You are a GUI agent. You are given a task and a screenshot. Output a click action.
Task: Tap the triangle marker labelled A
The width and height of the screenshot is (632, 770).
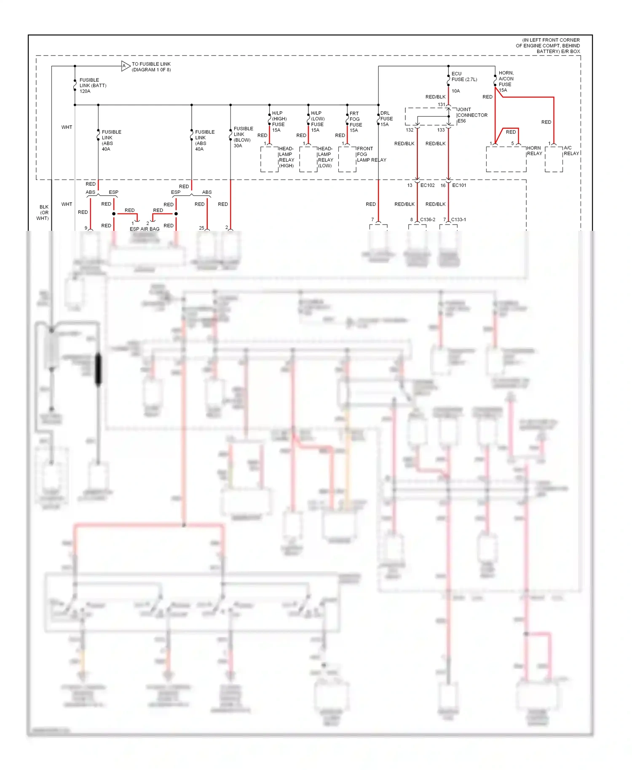125,66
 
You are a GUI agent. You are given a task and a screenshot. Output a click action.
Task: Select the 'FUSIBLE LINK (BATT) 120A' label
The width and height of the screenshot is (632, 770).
93,86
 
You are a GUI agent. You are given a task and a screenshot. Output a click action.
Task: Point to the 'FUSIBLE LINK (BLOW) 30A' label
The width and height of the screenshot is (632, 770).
243,137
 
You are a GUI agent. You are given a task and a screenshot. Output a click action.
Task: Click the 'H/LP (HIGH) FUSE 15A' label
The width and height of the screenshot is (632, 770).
279,122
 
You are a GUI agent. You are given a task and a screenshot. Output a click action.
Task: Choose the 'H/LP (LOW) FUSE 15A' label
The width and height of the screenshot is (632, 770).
318,122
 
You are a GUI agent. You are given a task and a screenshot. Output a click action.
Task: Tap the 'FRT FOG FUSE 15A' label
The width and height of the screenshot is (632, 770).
356,122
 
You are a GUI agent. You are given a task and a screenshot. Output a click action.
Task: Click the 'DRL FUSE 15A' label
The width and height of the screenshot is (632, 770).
386,119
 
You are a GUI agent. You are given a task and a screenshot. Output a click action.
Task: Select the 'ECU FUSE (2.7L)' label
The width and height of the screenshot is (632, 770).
464,77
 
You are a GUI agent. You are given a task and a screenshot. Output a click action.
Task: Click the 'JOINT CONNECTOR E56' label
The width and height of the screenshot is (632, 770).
472,115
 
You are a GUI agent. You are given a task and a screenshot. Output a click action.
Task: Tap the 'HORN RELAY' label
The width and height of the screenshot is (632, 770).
534,151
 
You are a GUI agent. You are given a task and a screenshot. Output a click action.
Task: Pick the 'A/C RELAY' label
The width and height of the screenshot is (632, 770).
571,151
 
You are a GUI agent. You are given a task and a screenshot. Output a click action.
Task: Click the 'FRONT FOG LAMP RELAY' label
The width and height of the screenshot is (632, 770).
371,154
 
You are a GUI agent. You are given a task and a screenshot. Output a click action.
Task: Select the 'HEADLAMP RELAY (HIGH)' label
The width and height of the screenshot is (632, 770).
287,157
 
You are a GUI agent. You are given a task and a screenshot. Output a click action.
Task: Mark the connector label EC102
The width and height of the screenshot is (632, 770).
427,185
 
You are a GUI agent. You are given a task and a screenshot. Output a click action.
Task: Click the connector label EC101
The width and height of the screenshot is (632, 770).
459,185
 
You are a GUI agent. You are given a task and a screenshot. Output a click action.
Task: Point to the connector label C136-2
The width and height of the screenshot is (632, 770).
428,219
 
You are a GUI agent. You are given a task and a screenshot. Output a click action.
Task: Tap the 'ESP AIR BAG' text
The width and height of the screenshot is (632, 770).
145,229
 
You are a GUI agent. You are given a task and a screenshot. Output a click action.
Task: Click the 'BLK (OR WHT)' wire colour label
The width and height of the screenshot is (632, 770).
43,213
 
